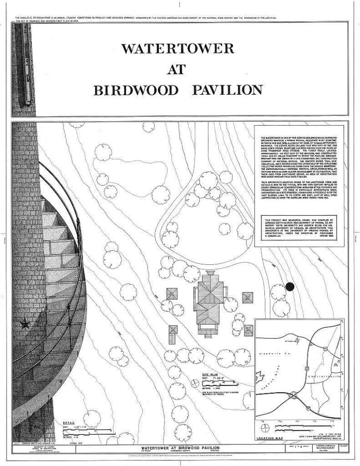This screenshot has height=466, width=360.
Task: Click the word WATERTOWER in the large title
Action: pos(178,49)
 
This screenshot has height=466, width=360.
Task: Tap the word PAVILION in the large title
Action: pos(227,90)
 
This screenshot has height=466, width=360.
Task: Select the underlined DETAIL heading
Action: pos(68,423)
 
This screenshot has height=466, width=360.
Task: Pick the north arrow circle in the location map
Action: pos(266,428)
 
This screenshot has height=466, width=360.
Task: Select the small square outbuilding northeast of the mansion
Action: pos(247,298)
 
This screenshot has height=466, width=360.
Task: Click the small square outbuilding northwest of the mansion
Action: pos(173,294)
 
